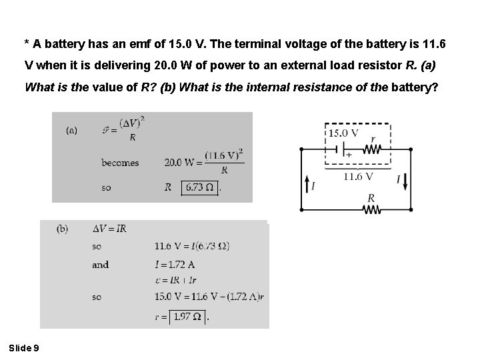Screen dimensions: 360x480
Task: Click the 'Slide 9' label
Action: pos(24,347)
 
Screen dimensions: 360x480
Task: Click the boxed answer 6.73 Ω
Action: pos(200,187)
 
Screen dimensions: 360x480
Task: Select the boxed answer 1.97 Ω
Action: pos(188,316)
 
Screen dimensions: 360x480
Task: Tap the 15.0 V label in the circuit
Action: pos(345,133)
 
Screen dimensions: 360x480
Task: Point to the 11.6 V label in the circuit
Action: pos(359,177)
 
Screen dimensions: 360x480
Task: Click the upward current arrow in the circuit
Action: pos(307,184)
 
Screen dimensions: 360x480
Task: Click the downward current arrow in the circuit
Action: pos(405,179)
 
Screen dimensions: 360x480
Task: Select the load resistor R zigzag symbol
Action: pos(371,209)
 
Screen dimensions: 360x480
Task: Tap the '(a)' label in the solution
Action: pos(71,131)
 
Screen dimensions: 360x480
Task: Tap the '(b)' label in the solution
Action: pos(62,229)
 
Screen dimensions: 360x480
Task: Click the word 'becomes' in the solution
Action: pos(120,163)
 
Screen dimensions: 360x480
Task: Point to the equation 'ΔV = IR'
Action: pos(109,229)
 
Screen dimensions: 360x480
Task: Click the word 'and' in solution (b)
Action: pos(100,265)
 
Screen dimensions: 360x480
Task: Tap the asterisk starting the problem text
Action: pos(26,44)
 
